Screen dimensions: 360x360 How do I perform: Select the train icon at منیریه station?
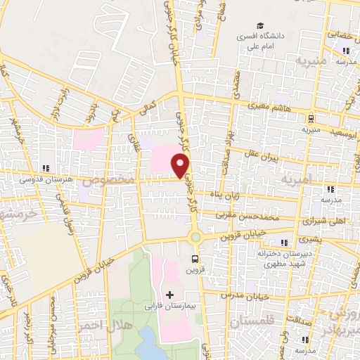tap(310, 117)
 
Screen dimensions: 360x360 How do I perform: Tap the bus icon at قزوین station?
tap(195, 257)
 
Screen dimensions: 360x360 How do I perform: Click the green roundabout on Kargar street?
tap(195, 238)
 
